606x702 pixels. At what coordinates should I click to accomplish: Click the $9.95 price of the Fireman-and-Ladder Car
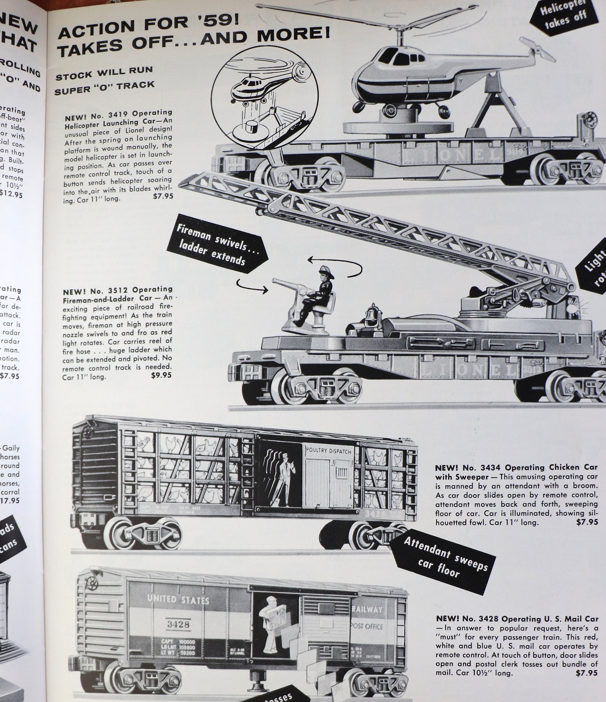161,375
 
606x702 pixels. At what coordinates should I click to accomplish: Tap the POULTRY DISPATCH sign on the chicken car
328,451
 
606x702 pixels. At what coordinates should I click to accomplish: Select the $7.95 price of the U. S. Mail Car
587,673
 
